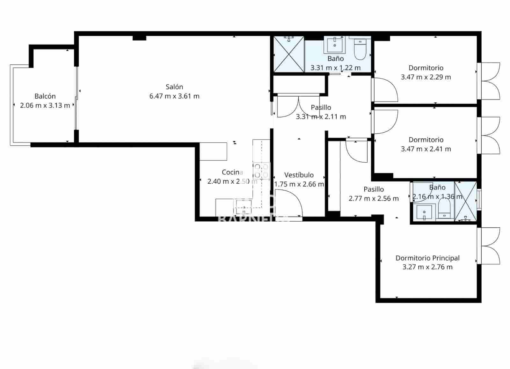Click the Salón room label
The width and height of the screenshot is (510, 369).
click(x=174, y=87)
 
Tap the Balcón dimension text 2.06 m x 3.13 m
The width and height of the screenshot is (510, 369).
click(x=45, y=106)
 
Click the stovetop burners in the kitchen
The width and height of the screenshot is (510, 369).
click(x=261, y=171)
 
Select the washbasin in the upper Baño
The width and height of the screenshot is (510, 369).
click(x=335, y=44)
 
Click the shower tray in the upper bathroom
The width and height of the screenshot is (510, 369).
click(x=289, y=54)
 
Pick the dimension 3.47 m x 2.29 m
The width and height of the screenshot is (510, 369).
click(x=426, y=77)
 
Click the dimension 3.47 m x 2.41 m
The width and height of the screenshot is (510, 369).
click(x=426, y=149)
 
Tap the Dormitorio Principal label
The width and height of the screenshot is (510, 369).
click(x=427, y=258)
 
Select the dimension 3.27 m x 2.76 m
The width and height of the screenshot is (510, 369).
click(x=427, y=267)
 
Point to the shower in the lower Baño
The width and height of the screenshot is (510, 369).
click(x=466, y=201)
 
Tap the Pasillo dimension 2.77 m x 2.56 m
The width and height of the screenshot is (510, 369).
click(x=374, y=199)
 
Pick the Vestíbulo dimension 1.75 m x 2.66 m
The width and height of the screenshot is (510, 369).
click(x=299, y=184)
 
